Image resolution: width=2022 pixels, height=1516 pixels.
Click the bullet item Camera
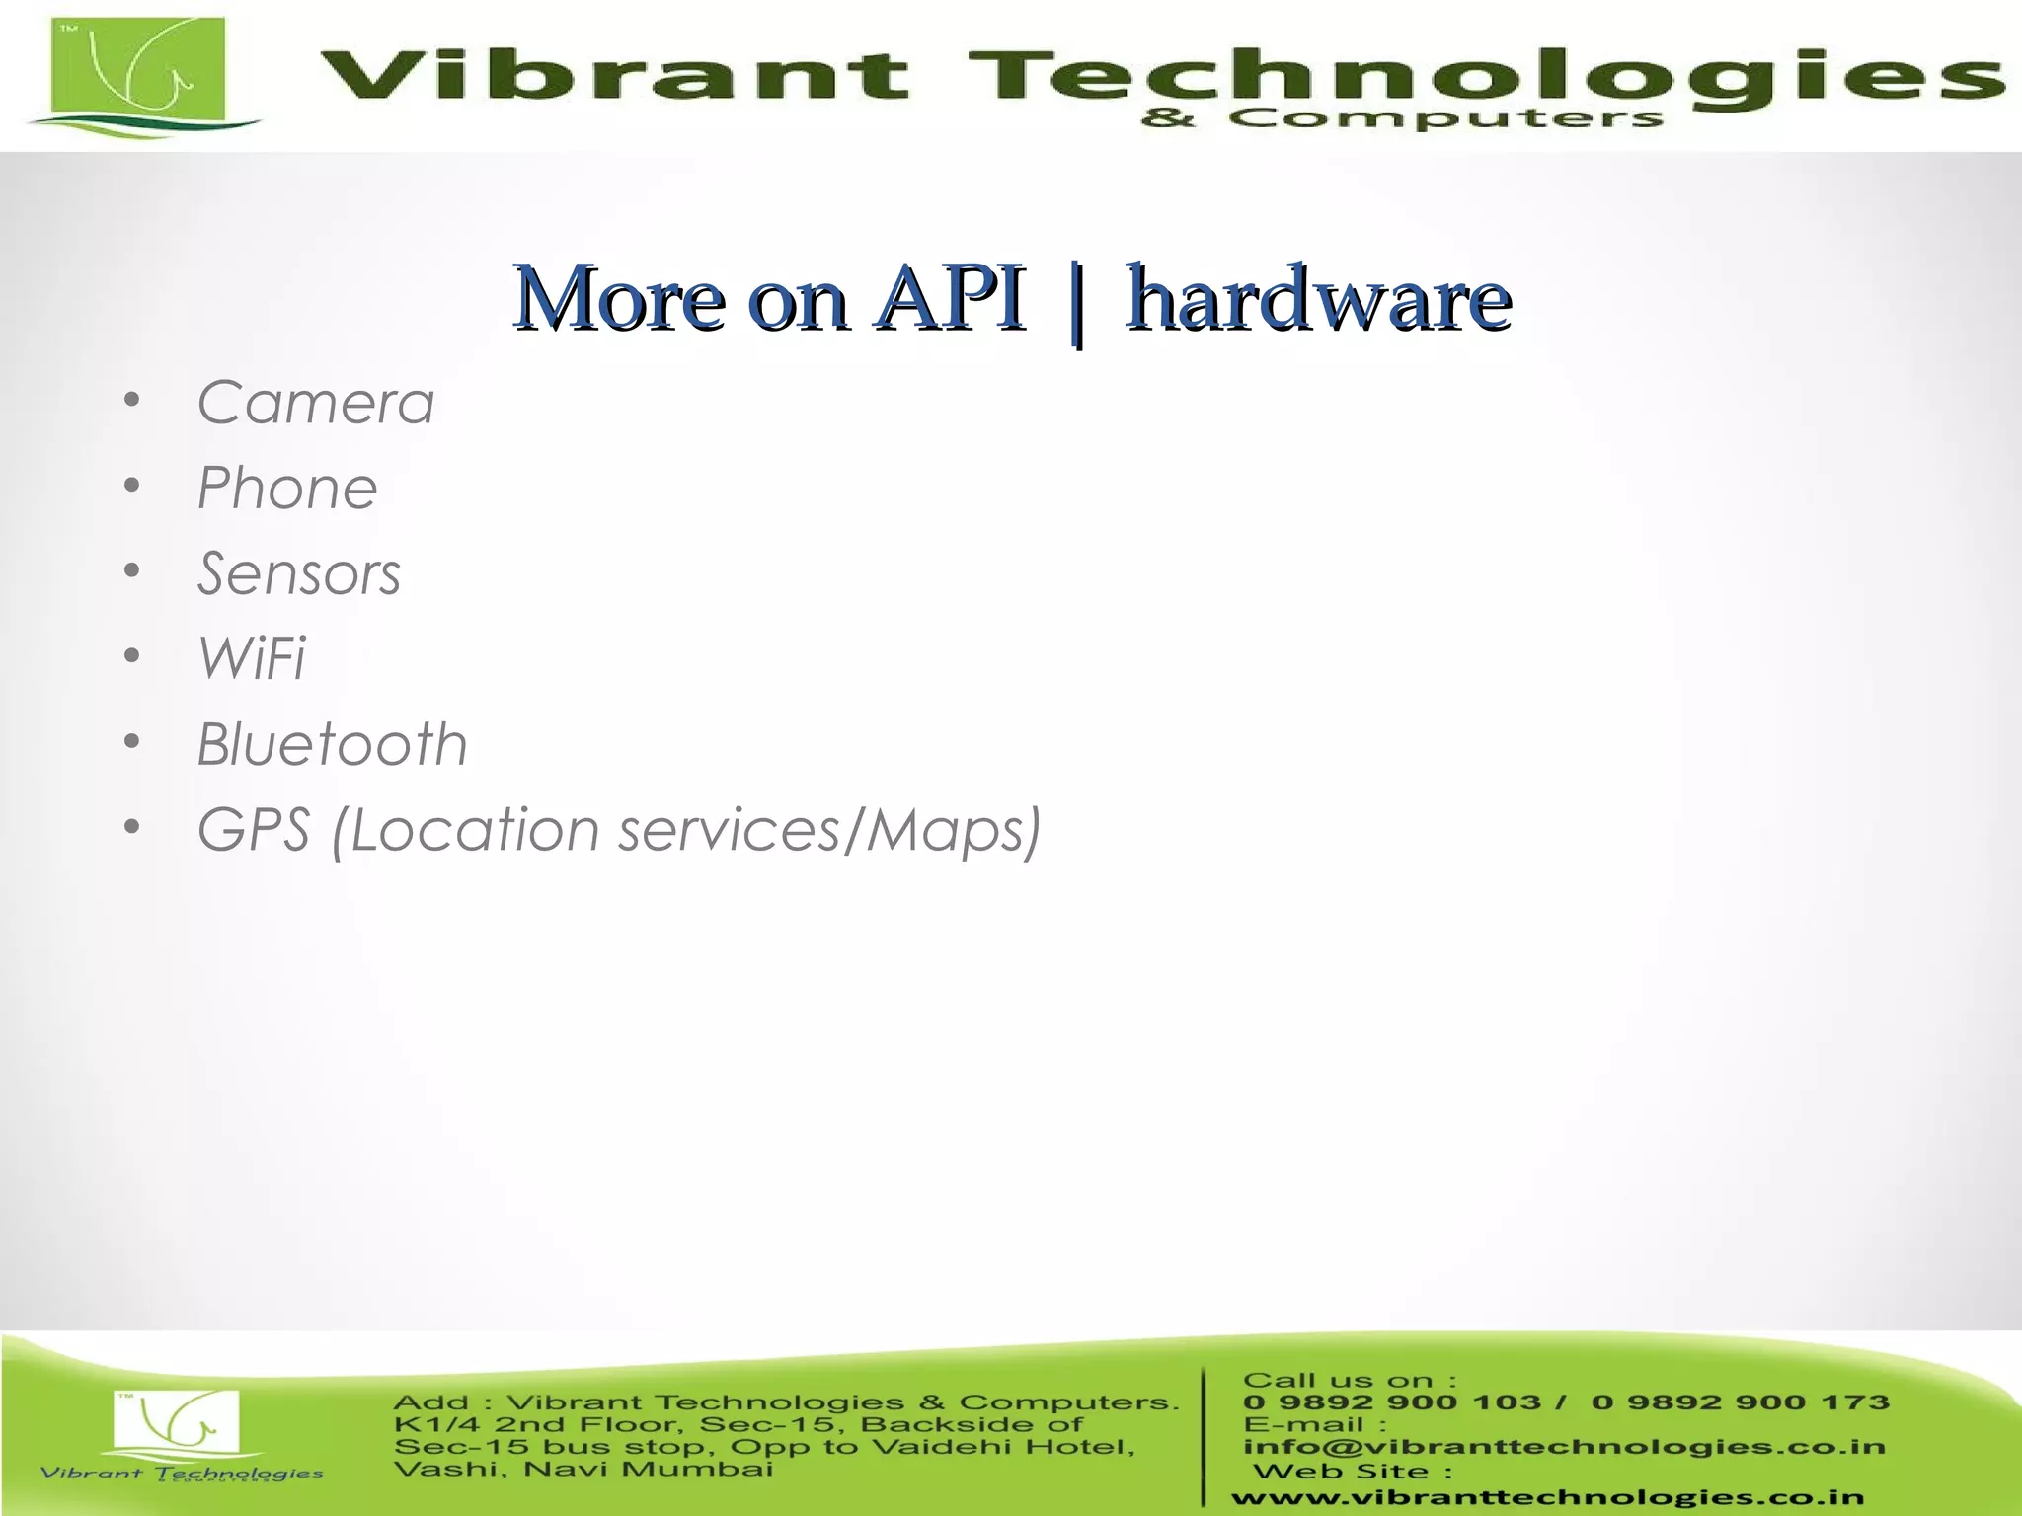point(315,404)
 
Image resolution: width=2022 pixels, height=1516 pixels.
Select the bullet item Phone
point(287,489)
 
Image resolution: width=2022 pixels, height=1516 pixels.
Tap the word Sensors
point(299,574)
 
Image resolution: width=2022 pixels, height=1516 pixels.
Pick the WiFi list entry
point(252,659)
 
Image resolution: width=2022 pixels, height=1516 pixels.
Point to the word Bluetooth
point(332,745)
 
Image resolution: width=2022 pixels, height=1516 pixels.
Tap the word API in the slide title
point(951,298)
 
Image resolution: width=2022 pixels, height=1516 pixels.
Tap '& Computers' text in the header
point(1401,119)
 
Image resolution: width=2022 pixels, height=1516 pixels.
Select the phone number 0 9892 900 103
point(1391,1402)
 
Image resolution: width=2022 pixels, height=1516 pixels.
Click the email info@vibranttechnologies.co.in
point(1564,1447)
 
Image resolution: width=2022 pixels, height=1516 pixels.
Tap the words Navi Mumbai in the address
point(648,1470)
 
